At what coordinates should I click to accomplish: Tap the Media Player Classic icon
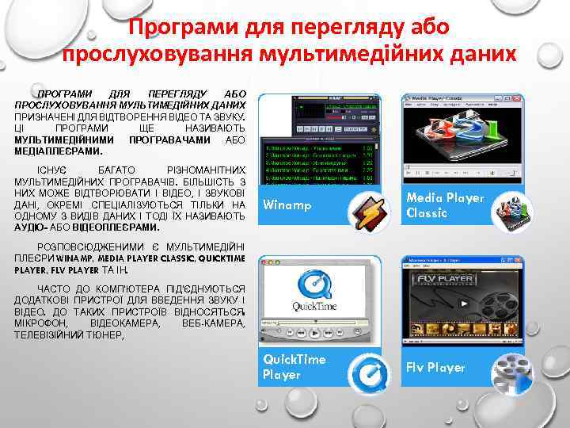(510, 212)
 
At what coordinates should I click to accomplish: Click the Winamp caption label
(287, 206)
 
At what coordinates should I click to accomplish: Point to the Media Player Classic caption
(444, 205)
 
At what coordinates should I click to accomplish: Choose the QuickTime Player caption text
(294, 366)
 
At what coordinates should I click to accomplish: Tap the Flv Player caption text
(435, 368)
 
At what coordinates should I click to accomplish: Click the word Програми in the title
(171, 28)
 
